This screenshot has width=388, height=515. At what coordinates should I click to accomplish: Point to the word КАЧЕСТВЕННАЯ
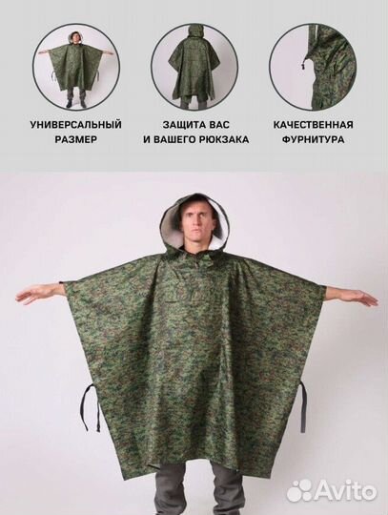click(x=314, y=125)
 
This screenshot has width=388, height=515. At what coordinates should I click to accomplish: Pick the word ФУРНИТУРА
click(x=314, y=139)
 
